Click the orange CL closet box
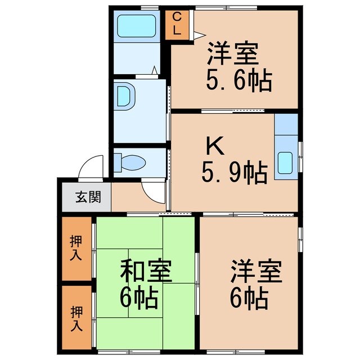click(177, 25)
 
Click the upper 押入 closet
click(76, 248)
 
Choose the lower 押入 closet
click(76, 318)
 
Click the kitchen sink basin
click(286, 164)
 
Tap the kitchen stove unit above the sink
click(286, 125)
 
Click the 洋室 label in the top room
click(233, 54)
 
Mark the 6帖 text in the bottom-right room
click(248, 298)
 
